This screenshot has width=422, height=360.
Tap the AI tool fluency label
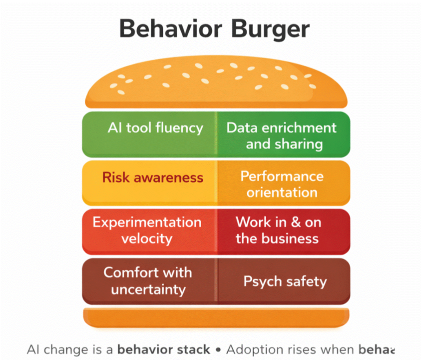point(155,127)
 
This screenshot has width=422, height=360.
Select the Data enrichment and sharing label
point(282,135)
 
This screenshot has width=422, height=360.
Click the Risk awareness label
point(153,177)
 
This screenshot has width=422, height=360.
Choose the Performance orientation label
point(282,184)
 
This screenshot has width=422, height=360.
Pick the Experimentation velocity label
point(147,230)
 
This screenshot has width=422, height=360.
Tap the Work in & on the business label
point(278,230)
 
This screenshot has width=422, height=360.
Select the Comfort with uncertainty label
point(147,280)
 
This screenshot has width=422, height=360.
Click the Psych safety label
point(285,281)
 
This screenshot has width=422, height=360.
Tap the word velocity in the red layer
point(147,238)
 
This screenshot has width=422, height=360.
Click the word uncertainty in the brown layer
point(148,289)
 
